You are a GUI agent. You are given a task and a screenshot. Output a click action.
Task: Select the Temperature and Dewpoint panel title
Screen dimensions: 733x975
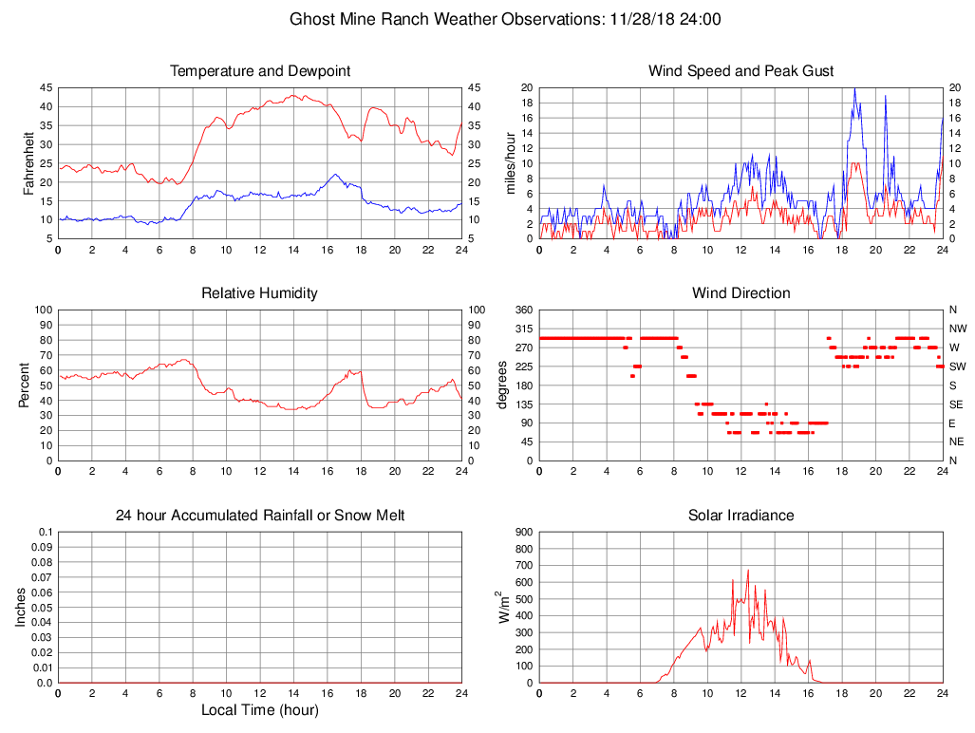coord(260,71)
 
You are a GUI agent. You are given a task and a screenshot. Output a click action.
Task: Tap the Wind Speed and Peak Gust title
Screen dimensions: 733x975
coord(741,71)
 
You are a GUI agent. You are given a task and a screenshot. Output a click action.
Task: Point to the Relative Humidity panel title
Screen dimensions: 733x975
coord(259,293)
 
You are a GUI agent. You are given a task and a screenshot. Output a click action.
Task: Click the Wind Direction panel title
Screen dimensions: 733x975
coord(741,293)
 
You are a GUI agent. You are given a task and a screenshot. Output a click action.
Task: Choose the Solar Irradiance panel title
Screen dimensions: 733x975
coord(741,516)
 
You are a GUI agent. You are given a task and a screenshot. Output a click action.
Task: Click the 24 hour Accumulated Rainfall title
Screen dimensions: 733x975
coord(260,516)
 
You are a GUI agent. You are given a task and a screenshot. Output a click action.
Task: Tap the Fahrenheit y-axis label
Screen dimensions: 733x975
coord(28,162)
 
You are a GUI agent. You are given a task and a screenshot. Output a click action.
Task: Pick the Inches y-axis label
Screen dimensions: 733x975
coord(21,607)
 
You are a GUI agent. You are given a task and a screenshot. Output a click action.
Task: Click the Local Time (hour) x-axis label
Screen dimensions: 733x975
coord(259,710)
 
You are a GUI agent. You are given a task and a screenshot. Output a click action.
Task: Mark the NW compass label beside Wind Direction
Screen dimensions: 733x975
coord(957,329)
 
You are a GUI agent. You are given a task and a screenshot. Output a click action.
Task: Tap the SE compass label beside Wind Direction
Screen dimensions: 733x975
coord(955,404)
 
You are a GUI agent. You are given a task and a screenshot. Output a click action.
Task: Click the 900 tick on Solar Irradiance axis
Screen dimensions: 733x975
coord(523,533)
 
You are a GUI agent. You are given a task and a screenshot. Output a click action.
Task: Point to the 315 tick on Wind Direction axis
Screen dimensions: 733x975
coord(523,329)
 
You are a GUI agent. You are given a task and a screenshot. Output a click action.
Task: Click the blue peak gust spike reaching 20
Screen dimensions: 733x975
coord(854,89)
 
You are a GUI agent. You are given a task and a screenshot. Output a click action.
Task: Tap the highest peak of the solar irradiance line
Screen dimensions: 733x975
coord(748,571)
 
